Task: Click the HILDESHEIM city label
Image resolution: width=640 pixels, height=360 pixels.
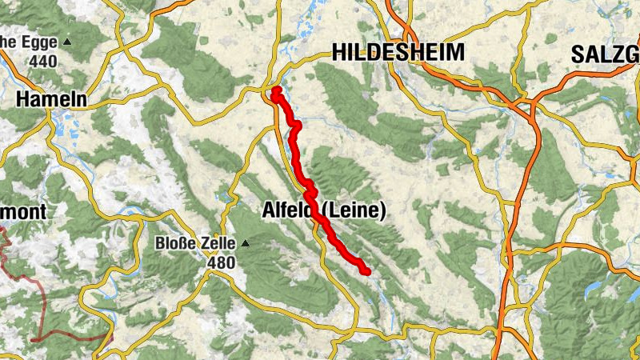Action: (x=398, y=53)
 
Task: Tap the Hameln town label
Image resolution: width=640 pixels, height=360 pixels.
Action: (x=50, y=98)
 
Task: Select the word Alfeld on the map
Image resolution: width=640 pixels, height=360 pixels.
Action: (x=290, y=211)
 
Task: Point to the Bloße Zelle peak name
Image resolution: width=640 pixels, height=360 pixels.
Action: (x=197, y=243)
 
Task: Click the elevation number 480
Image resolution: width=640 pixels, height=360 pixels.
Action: (x=222, y=262)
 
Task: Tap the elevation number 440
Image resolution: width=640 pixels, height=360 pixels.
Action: (x=44, y=60)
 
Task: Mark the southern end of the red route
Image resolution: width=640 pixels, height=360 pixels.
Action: (x=366, y=272)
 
